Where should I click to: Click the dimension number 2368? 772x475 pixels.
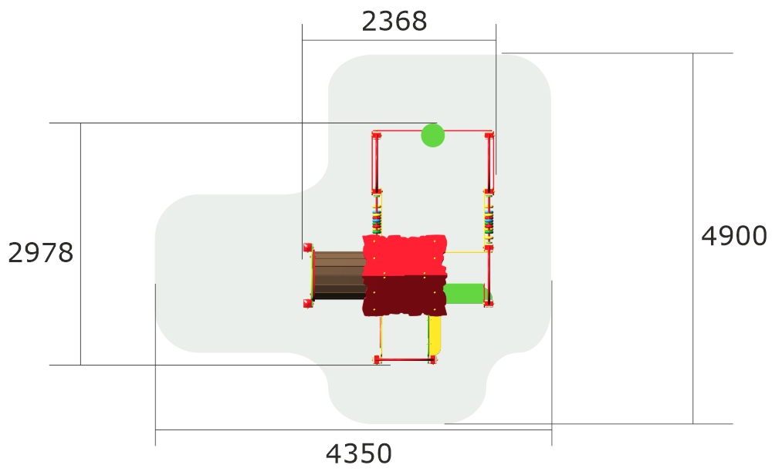tap(394, 22)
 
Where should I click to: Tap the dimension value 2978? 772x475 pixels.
tap(41, 253)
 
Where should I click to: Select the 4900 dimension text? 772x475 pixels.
tap(733, 236)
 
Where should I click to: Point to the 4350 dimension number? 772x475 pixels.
tap(359, 453)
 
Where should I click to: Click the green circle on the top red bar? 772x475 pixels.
tap(433, 135)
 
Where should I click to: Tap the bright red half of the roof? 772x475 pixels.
tap(405, 256)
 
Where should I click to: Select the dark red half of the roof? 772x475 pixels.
tap(405, 295)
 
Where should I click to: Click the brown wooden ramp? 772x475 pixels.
tap(339, 275)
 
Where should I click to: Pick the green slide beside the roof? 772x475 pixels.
tap(464, 294)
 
